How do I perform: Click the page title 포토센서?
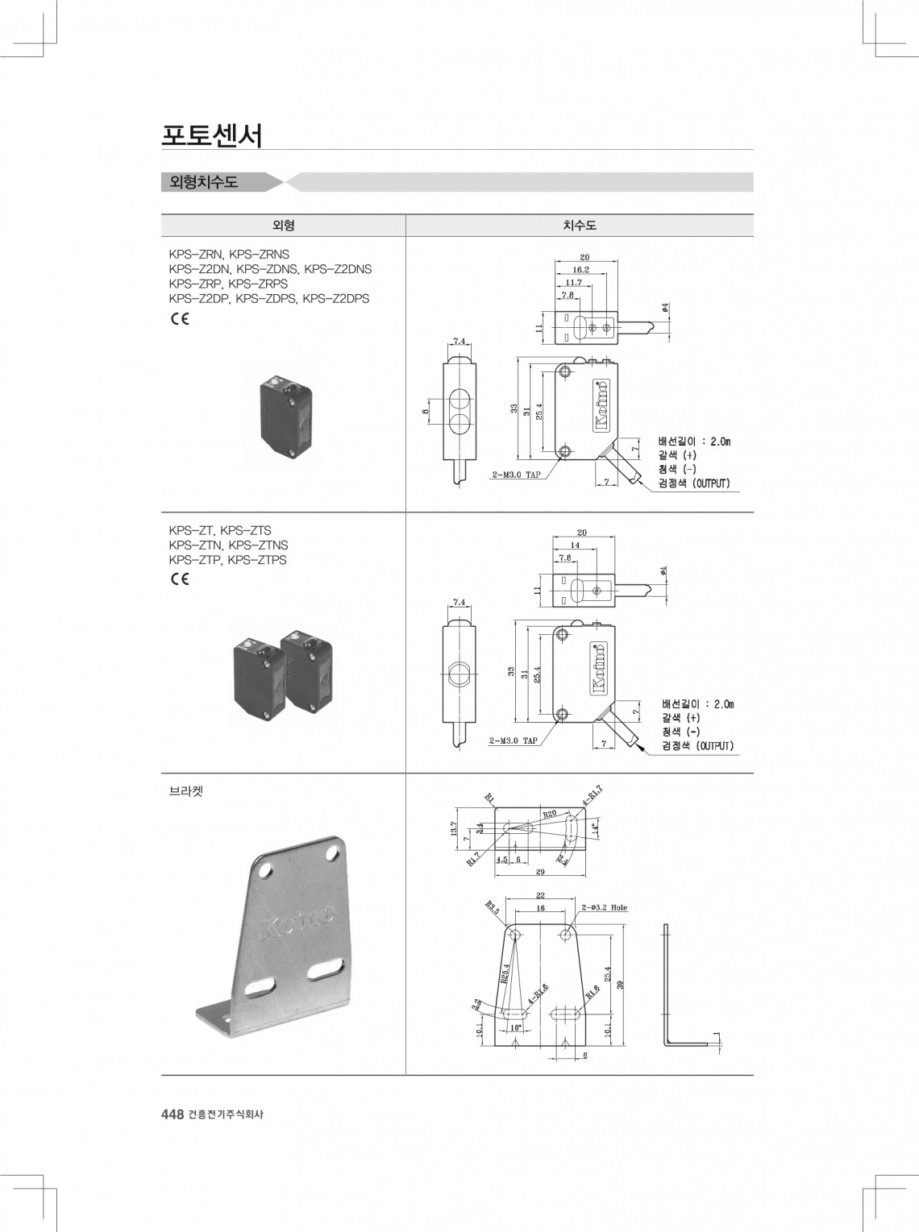click(x=212, y=135)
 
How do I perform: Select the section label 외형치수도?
click(x=204, y=182)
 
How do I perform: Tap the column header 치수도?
click(x=579, y=226)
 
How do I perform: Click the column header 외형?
click(x=283, y=226)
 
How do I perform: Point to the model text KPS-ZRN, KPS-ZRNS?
click(x=229, y=255)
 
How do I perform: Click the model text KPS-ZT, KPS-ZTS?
click(x=220, y=530)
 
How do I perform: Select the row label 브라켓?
click(x=186, y=791)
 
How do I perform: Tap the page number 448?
click(x=173, y=1114)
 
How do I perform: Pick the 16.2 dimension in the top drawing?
click(x=580, y=270)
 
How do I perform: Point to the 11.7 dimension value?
click(x=573, y=283)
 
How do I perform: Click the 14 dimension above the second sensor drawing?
click(x=575, y=545)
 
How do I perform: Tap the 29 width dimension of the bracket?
click(x=540, y=872)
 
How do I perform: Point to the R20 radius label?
click(x=550, y=814)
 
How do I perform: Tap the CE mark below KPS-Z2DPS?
click(x=179, y=318)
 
